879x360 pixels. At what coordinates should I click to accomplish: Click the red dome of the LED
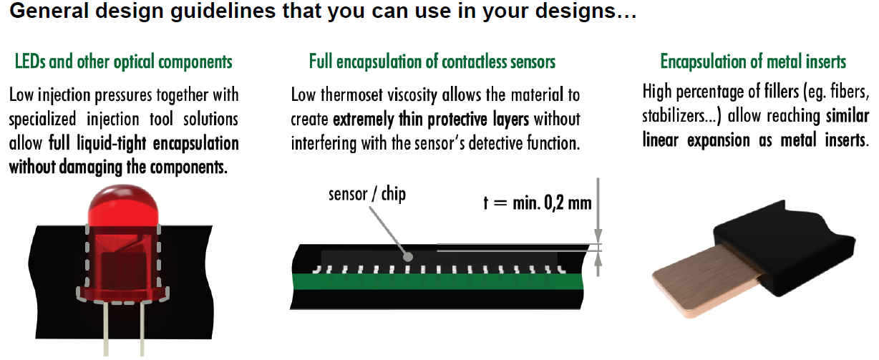click(x=123, y=206)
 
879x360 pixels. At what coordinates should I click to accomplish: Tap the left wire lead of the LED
click(x=107, y=329)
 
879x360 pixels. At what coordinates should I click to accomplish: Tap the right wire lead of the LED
click(x=142, y=329)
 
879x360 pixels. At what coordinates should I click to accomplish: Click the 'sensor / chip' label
click(x=367, y=195)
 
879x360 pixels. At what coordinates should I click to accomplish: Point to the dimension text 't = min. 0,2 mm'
click(x=538, y=203)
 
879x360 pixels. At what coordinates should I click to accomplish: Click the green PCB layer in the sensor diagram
click(x=437, y=281)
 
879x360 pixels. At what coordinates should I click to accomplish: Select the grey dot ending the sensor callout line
click(x=408, y=257)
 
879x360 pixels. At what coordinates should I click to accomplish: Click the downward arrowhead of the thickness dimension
click(x=598, y=236)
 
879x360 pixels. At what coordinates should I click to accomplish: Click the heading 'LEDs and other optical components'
click(x=124, y=62)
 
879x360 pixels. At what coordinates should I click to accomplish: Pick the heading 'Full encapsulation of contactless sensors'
click(x=432, y=62)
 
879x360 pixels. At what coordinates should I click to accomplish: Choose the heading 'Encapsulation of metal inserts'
click(x=753, y=62)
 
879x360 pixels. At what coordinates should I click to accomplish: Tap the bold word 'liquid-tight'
click(x=112, y=144)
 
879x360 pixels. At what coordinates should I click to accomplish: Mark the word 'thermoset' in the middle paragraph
click(x=351, y=95)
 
